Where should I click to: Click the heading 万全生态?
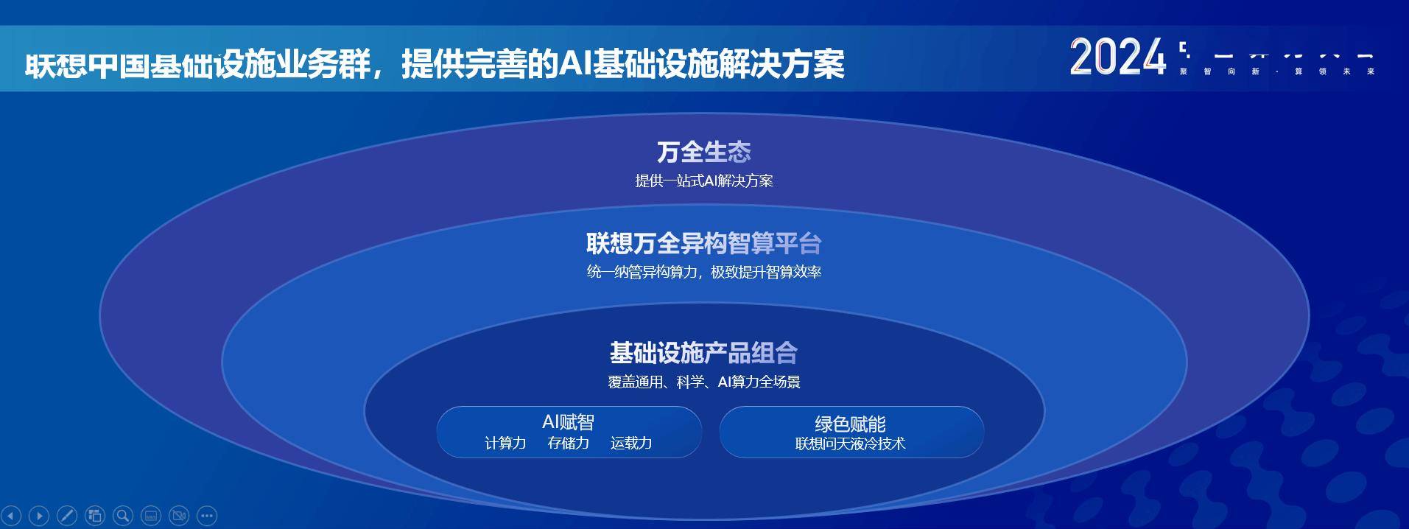click(703, 153)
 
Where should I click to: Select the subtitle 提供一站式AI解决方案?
click(703, 181)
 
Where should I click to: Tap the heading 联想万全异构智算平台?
click(703, 243)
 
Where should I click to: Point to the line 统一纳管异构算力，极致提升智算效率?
click(703, 272)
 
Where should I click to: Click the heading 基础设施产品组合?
click(703, 353)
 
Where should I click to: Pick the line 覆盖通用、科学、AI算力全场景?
click(703, 382)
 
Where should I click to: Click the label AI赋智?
click(568, 422)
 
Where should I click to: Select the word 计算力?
click(505, 444)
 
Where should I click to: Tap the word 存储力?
click(568, 444)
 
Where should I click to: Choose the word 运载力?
click(631, 444)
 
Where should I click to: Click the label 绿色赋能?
click(850, 424)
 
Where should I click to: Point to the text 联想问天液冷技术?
click(850, 444)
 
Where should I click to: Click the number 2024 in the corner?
click(1117, 57)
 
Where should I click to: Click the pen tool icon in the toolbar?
click(67, 516)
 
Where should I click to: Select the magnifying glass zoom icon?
click(123, 516)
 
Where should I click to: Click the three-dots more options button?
click(207, 516)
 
